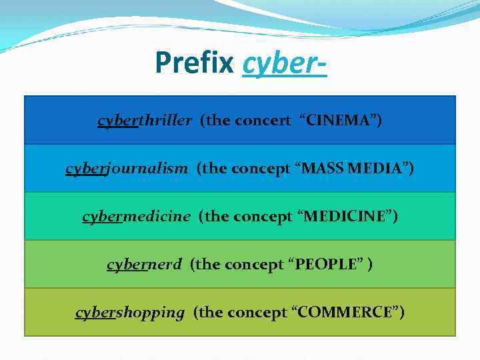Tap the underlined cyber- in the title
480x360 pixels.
(285, 63)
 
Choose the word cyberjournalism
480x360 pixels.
(127, 169)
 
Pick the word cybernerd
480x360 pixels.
(144, 265)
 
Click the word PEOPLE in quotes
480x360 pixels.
(330, 265)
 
